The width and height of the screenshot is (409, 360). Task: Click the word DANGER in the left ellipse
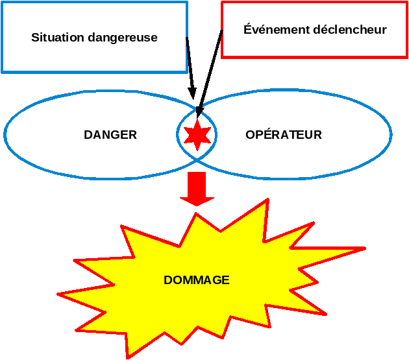tap(110, 135)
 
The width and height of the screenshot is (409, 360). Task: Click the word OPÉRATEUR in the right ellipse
tap(284, 135)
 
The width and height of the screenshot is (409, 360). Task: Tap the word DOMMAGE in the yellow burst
tap(197, 280)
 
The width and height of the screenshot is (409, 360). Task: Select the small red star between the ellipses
tap(197, 135)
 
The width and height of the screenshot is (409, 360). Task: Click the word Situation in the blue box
tap(55, 38)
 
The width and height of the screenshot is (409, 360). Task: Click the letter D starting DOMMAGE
tap(167, 280)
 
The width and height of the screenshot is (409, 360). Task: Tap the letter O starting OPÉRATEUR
tap(250, 135)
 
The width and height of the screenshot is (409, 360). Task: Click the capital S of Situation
tap(35, 38)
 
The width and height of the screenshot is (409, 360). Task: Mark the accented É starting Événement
tap(247, 29)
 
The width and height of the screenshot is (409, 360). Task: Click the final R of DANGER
tap(133, 135)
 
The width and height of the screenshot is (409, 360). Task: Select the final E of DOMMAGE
tap(226, 280)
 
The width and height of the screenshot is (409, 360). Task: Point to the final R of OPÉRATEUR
tap(318, 135)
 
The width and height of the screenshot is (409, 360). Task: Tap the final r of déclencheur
tap(384, 30)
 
